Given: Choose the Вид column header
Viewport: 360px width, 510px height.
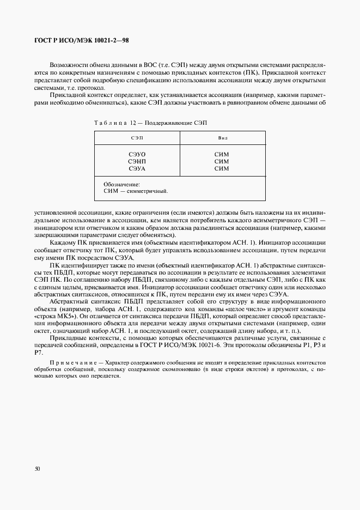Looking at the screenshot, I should (x=222, y=138).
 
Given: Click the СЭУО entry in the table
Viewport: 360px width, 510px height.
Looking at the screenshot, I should (x=137, y=155).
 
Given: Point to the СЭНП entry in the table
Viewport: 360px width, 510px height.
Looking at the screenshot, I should (x=137, y=162).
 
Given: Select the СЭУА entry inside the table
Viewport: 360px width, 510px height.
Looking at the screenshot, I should (x=137, y=169).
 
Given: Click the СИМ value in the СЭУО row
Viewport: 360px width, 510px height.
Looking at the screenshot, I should (x=222, y=155).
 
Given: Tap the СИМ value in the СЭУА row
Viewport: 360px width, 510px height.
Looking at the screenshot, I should (x=222, y=169).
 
